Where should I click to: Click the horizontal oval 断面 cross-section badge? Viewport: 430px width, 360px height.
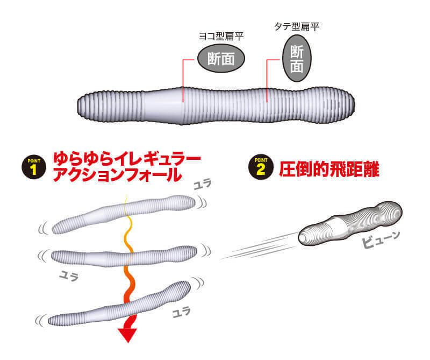pos(221,59)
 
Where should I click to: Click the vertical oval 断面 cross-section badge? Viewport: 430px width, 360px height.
pos(297,58)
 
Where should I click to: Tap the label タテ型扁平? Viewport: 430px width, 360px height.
pos(297,26)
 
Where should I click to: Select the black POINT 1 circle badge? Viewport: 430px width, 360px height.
pos(34,167)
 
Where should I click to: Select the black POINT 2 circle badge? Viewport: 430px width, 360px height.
pos(261,167)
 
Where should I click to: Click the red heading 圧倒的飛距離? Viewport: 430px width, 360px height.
pos(329,169)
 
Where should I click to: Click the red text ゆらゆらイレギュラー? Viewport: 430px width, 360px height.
pos(127,159)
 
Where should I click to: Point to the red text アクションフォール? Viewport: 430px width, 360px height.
pos(117,174)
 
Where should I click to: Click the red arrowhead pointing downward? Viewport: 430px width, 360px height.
pos(128,335)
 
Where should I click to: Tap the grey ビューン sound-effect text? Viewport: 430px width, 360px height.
pos(381,239)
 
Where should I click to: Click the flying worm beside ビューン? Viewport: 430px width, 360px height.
pos(350,223)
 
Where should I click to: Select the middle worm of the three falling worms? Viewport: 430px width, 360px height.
pos(124,257)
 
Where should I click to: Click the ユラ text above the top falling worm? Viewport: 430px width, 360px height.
pos(203,183)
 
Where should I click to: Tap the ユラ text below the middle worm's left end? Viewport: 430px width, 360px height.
pos(69,276)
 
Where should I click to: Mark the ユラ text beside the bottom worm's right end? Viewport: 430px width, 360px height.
pos(181,312)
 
